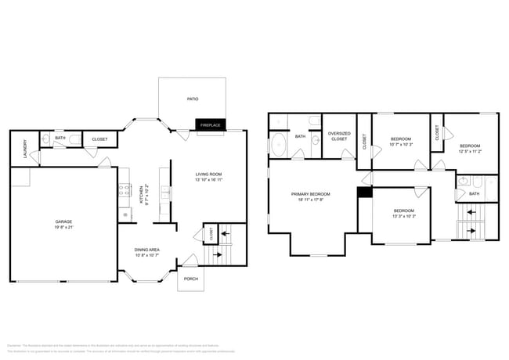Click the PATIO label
click(192, 99)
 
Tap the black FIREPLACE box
click(210, 125)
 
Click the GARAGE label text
click(63, 221)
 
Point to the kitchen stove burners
click(124, 189)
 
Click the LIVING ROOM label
click(208, 174)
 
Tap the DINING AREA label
click(147, 250)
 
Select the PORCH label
click(190, 279)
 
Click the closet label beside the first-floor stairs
click(211, 233)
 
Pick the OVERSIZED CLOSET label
click(339, 136)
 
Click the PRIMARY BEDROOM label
click(310, 194)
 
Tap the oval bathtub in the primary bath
click(280, 145)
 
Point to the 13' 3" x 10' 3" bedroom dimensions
click(404, 217)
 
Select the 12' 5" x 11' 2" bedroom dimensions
click(470, 152)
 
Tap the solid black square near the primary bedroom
click(363, 192)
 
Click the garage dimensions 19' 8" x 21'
click(63, 227)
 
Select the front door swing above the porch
click(190, 261)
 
